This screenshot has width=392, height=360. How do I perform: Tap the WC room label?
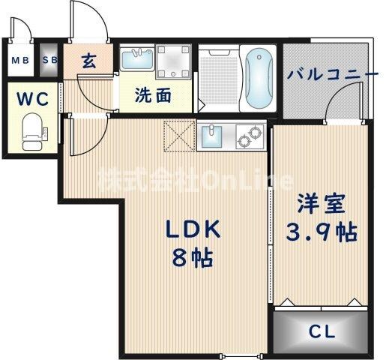[30, 98]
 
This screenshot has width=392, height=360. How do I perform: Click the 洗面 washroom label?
[152, 95]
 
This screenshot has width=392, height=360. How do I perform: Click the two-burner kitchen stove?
[249, 137]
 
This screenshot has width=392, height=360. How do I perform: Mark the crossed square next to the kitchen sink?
[180, 138]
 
